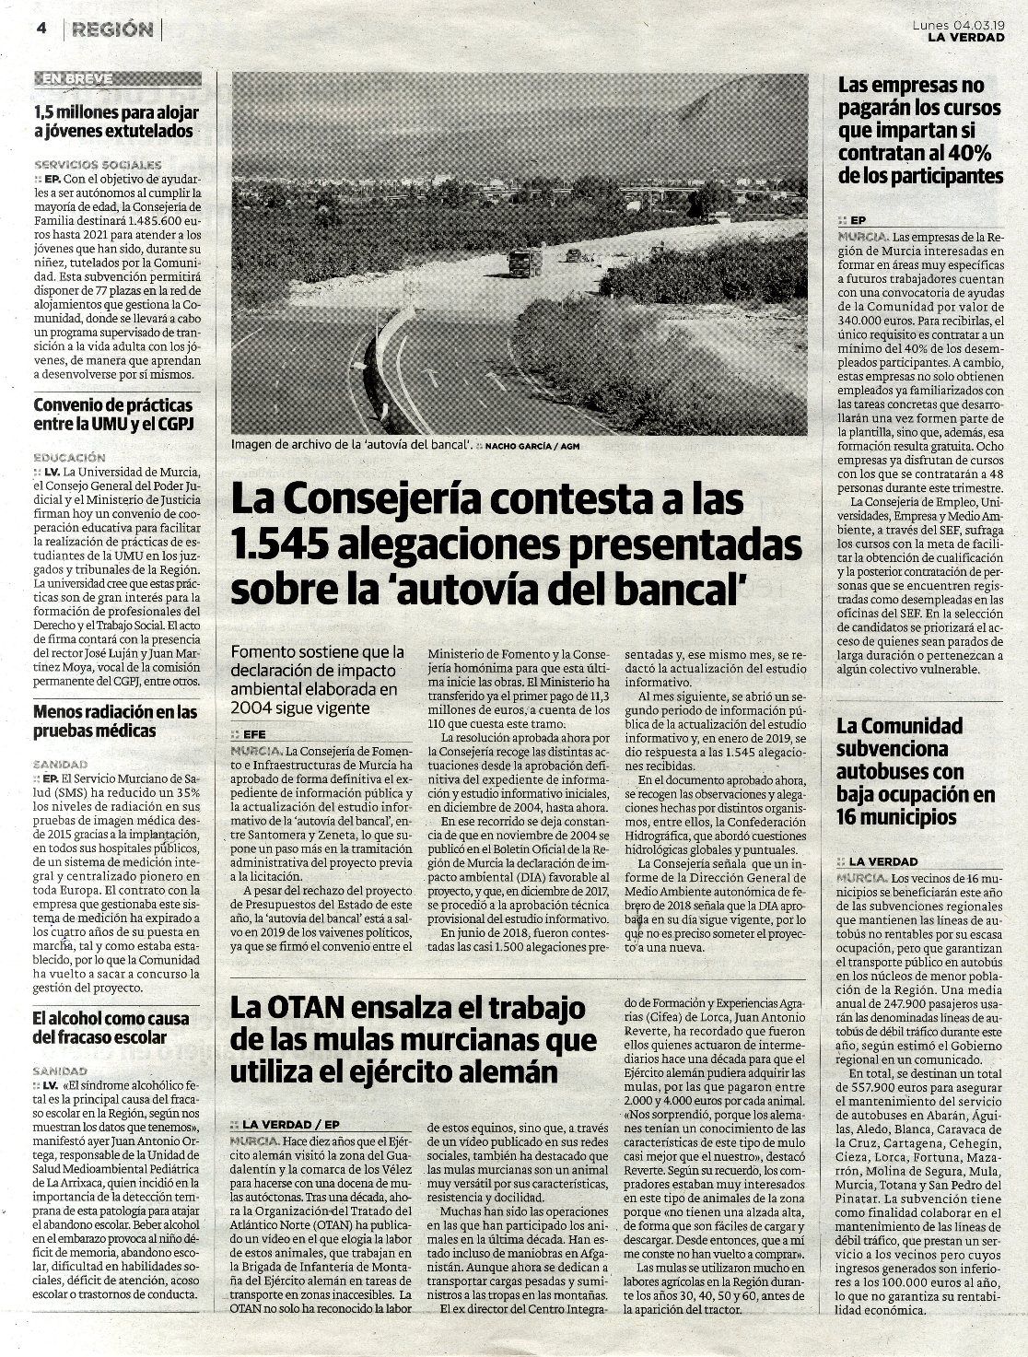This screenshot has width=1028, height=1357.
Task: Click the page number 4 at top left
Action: point(41,29)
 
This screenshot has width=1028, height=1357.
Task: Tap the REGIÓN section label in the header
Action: point(113,29)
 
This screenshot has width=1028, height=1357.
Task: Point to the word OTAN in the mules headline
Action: point(303,1006)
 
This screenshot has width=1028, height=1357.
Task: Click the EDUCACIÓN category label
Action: point(69,457)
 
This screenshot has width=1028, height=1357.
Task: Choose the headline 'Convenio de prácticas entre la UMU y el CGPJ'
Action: point(113,415)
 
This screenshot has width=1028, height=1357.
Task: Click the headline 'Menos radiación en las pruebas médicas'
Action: point(115,721)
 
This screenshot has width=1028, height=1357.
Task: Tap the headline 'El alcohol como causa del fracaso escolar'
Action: point(111,1028)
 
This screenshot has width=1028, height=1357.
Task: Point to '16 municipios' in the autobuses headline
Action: point(896,817)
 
